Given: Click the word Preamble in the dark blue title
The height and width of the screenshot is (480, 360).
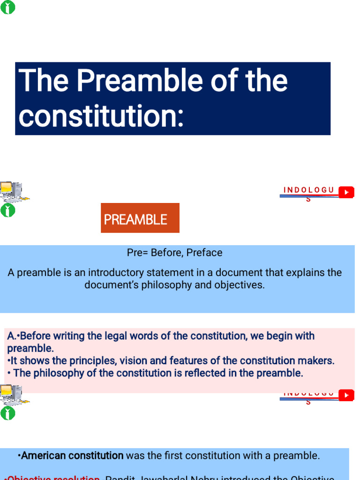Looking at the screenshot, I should [139, 81].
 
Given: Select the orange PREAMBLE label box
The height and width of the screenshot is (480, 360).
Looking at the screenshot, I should [140, 218].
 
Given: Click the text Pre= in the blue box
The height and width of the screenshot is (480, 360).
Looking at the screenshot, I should [137, 253].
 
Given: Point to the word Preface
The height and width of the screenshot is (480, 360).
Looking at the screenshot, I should [204, 253].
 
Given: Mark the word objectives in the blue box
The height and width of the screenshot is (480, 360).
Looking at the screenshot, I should [240, 285].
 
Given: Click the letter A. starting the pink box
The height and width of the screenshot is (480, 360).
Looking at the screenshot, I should [12, 336].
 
